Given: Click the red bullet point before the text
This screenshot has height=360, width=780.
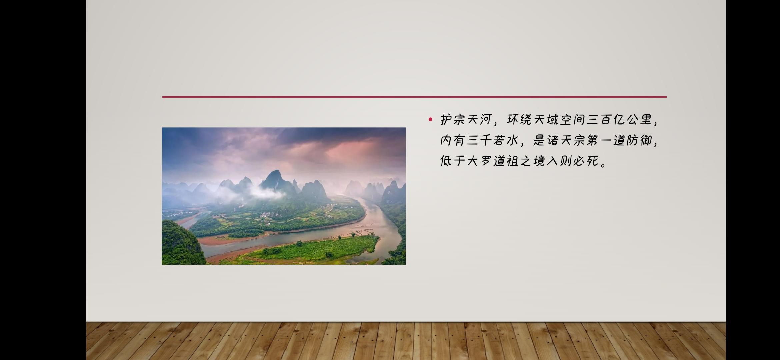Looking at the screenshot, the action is [x=430, y=119].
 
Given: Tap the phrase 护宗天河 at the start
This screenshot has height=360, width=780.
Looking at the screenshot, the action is [x=466, y=119].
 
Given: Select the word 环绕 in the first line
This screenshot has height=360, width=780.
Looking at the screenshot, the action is [x=519, y=119].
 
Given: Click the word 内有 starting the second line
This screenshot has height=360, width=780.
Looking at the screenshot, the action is [x=452, y=140].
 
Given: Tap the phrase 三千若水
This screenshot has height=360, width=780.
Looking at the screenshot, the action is [x=492, y=140].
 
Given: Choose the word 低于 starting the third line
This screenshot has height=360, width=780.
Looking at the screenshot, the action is [x=452, y=161].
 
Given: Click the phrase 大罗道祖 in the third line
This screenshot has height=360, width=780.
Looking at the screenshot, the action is [x=492, y=161].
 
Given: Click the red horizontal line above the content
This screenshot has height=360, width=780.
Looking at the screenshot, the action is [x=414, y=97].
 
